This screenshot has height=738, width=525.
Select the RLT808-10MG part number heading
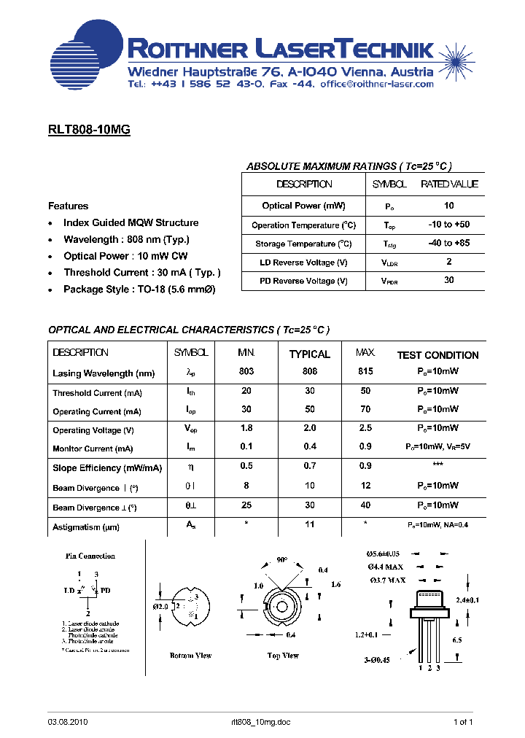point(89,131)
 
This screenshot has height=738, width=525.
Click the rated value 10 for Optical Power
point(448,206)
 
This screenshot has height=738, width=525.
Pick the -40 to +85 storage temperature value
point(448,244)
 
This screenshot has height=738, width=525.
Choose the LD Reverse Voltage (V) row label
point(303,263)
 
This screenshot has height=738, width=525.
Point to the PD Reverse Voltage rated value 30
point(448,281)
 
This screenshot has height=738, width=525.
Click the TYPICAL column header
point(310,354)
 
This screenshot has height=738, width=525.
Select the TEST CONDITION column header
point(437,355)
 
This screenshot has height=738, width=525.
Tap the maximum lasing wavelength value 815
point(365,372)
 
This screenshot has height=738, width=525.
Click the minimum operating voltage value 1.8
point(246,428)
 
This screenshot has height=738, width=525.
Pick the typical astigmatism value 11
point(310,525)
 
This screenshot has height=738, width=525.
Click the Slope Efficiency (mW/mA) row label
point(107,468)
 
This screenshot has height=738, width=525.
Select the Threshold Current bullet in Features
point(141,273)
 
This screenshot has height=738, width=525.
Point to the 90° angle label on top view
point(281,561)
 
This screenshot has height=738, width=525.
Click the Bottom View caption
point(190,656)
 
